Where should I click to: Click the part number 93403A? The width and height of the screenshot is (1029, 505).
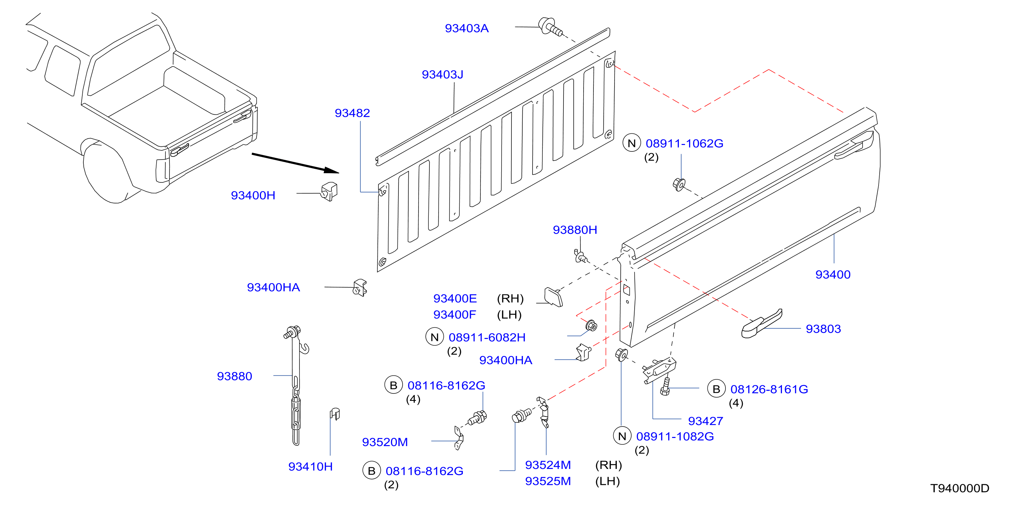click(467, 28)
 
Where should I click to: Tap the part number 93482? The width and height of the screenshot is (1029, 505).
click(352, 113)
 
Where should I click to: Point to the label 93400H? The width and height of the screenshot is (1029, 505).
click(253, 195)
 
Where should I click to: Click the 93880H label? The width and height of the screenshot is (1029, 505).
click(575, 230)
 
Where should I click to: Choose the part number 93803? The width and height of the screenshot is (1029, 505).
click(823, 329)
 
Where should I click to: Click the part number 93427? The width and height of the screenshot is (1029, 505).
click(705, 421)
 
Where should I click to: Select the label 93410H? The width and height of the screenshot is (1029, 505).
click(310, 467)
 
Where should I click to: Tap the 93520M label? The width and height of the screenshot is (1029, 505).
click(385, 442)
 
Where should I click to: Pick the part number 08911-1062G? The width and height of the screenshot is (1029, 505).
click(684, 143)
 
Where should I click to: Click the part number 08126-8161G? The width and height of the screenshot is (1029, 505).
click(769, 389)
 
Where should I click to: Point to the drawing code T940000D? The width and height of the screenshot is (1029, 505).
click(960, 488)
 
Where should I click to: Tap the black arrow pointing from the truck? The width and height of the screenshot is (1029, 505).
click(295, 163)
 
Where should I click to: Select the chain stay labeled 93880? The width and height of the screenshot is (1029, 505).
click(296, 386)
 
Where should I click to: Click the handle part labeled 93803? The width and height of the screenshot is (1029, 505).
click(761, 324)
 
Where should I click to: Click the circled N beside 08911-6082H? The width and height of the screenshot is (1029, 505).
click(435, 337)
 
